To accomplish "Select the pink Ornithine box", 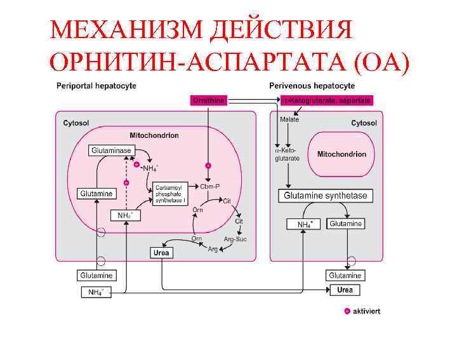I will [x=209, y=100].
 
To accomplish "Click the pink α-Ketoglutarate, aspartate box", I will [x=326, y=100].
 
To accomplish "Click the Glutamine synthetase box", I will [x=325, y=196].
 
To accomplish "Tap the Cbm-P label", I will [x=209, y=187].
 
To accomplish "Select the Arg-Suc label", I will [x=235, y=239].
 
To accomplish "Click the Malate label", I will [x=289, y=119].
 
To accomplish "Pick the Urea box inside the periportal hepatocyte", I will [x=162, y=252].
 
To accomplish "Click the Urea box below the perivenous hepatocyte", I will [x=345, y=290].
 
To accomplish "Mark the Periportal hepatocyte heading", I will [x=96, y=86].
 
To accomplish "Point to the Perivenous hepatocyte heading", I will [x=312, y=86].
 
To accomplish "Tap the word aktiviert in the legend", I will [x=366, y=311].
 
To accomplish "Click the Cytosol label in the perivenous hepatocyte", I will [x=364, y=123].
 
